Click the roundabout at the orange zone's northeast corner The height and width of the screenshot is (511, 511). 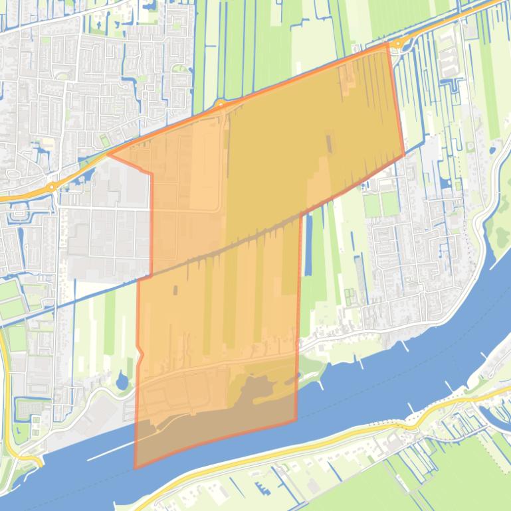[x=397, y=44]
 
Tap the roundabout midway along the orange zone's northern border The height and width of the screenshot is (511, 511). [x=220, y=104]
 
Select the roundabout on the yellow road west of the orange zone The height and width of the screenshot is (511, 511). [x=51, y=188]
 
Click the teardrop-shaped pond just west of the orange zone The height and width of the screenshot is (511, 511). [x=122, y=381]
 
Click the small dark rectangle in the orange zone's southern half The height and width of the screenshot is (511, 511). [x=175, y=290]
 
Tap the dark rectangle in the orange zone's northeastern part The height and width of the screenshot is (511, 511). [x=328, y=141]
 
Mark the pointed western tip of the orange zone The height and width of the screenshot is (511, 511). [x=108, y=155]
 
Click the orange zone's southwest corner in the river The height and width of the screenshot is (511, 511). [x=135, y=467]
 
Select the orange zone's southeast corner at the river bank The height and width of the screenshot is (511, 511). [x=296, y=420]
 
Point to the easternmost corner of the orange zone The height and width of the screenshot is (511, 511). [x=404, y=155]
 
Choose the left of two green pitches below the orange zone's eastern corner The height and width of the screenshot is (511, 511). [x=371, y=205]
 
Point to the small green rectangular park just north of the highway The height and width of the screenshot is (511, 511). [x=104, y=141]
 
